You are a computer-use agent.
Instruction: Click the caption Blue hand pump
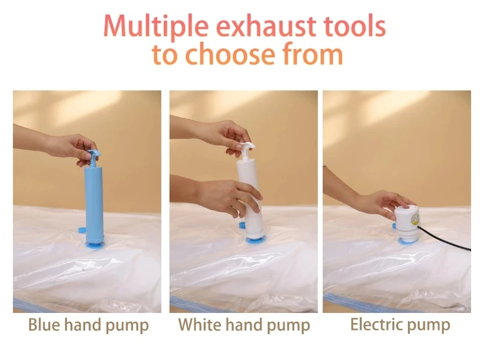click(88, 325)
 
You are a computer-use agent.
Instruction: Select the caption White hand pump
click(244, 325)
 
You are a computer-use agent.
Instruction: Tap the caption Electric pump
click(400, 325)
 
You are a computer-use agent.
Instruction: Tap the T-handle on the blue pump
click(92, 153)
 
